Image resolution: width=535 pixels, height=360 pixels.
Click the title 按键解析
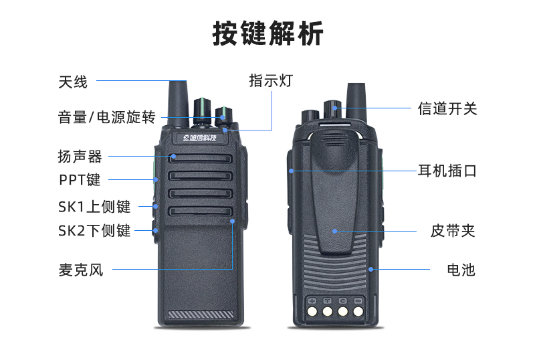coord(268,33)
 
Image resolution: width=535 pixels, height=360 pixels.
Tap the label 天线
coord(73,82)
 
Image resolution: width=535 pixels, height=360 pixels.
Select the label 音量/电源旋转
coord(107,117)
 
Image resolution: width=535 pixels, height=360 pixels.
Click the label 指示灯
coord(271,81)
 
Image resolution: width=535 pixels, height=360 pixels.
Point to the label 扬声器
coord(80,157)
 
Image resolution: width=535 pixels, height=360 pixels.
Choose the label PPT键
coord(80,179)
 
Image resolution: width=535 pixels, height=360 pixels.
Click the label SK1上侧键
coord(94,207)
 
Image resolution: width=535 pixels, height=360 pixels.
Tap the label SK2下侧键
coord(94,230)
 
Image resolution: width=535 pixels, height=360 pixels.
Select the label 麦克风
coord(81,270)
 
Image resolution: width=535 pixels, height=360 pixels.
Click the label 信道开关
coord(447,108)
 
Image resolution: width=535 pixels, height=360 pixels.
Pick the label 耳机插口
coord(447,171)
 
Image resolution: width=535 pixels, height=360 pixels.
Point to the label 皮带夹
coord(453,231)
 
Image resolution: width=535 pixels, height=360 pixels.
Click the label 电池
coord(461,270)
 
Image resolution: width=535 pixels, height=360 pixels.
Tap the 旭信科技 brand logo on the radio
coord(200,138)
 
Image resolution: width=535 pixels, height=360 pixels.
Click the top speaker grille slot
coord(200,158)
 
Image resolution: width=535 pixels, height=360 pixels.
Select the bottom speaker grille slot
coord(200,211)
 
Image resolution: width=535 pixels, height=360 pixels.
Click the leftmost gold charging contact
coord(312,311)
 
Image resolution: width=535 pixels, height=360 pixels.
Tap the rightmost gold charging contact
coord(358,311)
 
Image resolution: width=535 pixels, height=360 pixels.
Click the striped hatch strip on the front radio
coord(201,314)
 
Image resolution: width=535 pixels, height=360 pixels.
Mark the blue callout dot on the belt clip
coord(335,232)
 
